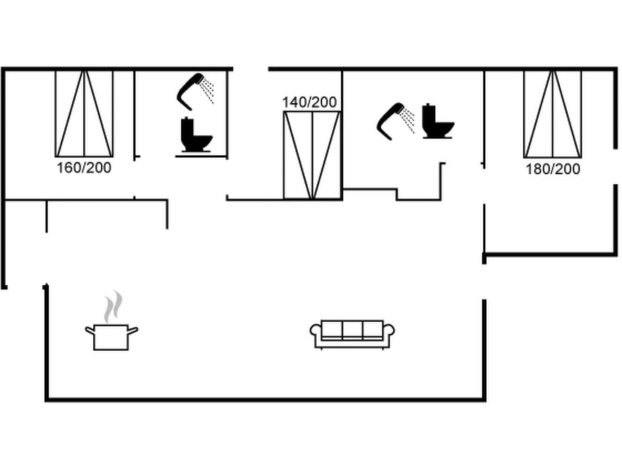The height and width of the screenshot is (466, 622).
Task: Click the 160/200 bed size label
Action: click(84, 168)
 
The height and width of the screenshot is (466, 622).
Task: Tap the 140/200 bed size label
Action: click(309, 102)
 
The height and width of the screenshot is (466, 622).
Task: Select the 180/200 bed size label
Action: click(553, 169)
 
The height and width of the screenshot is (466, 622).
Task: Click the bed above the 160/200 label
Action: click(84, 114)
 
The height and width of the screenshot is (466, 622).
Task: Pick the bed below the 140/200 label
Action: click(312, 155)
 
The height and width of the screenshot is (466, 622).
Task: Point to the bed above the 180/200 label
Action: click(553, 114)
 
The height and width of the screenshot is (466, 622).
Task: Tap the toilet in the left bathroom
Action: click(195, 135)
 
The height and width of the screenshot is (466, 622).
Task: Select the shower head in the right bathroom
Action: click(395, 120)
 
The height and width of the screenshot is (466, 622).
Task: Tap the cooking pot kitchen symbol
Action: click(111, 337)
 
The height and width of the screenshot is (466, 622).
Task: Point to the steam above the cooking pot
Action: click(113, 306)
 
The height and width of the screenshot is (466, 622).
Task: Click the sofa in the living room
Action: click(352, 334)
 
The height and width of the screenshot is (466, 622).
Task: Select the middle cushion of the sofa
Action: click(352, 330)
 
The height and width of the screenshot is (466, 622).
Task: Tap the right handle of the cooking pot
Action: click(133, 330)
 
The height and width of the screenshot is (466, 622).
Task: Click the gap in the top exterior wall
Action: click(251, 69)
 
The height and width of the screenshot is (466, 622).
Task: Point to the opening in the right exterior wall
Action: click(616, 166)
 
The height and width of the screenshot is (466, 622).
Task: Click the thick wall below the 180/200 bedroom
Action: click(551, 255)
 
